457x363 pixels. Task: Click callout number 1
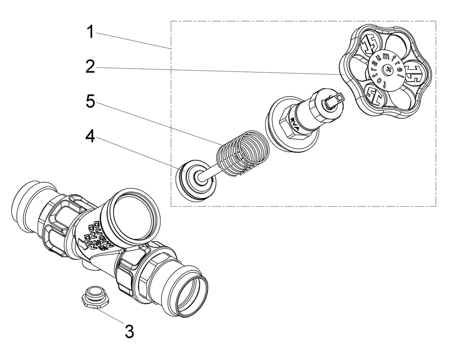(x=90, y=32)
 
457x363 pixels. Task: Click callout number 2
(x=90, y=67)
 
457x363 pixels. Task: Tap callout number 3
(x=129, y=331)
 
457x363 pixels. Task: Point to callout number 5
(x=90, y=101)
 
